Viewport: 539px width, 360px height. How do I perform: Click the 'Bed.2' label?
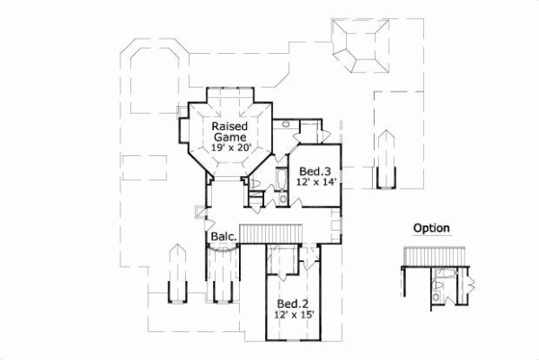coord(293,303)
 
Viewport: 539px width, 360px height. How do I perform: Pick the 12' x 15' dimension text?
coord(293,316)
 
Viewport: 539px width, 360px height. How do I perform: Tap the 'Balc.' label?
coord(223,236)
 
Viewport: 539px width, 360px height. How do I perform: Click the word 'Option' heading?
coord(431,228)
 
